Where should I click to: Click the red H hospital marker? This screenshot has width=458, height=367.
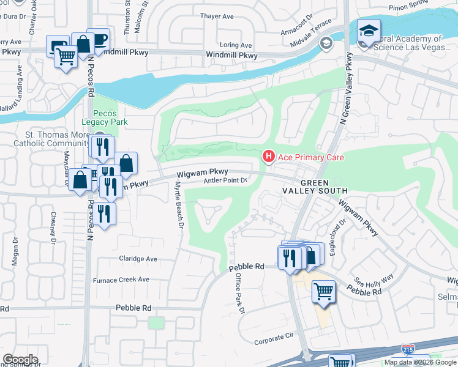tap(268, 157)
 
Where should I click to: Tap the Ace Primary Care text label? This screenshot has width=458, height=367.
tap(311, 157)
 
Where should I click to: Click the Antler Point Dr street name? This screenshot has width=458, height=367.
tap(225, 180)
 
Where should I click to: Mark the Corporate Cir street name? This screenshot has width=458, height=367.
tap(274, 337)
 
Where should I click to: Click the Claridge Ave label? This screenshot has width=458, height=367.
tap(138, 258)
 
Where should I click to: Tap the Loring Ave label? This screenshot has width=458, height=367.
tap(236, 45)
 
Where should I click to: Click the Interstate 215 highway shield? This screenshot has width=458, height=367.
tap(407, 349)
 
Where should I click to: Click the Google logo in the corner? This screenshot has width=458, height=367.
tap(20, 360)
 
